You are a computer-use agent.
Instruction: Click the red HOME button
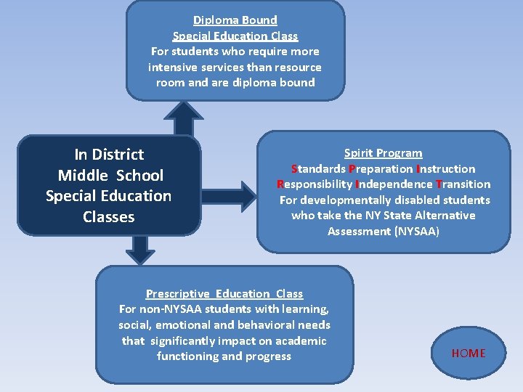tap(469, 354)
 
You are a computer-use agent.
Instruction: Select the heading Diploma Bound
tap(235, 20)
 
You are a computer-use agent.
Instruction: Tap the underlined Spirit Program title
tap(383, 153)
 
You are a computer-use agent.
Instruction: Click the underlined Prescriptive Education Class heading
tap(224, 294)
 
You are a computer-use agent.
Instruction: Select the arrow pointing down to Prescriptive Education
tap(140, 250)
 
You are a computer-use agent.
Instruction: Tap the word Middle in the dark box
tap(82, 176)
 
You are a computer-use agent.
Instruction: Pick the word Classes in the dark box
tap(109, 217)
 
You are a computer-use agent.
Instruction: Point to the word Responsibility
tap(313, 184)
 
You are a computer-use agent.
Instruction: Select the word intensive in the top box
tap(174, 67)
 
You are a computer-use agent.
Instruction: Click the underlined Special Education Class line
tap(235, 36)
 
